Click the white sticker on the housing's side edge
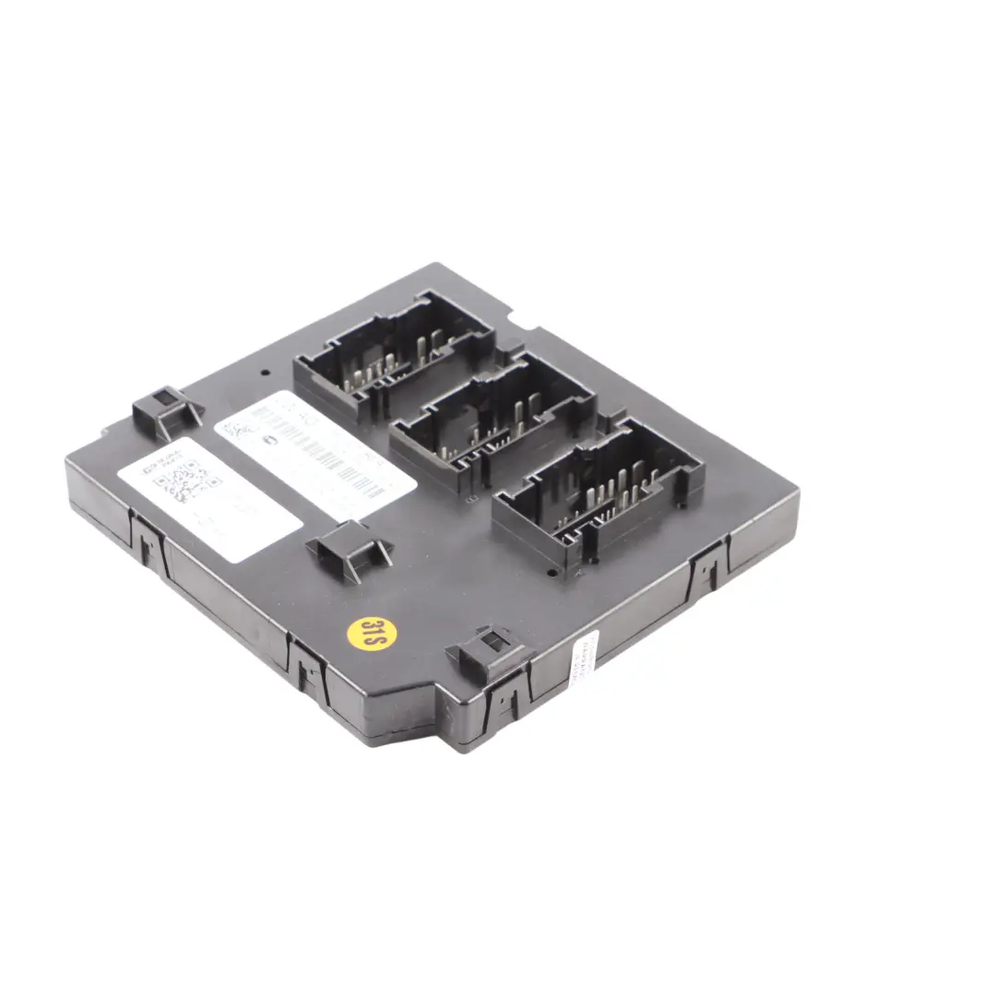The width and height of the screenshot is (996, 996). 585,658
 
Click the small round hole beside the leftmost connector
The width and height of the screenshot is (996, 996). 266,374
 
